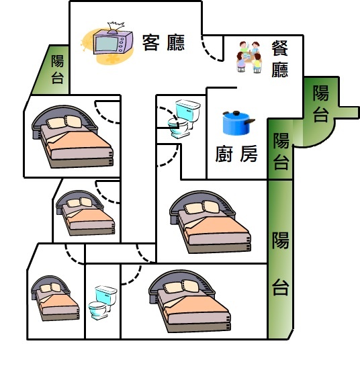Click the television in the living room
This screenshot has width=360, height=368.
(x=113, y=42)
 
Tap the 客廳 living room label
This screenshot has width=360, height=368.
(x=164, y=43)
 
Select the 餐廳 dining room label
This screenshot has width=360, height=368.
(x=280, y=59)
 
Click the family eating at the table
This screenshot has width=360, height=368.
(x=249, y=57)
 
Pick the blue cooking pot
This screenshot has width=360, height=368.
(x=238, y=123)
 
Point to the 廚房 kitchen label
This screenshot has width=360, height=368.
(x=236, y=154)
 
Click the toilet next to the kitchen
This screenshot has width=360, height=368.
(x=184, y=118)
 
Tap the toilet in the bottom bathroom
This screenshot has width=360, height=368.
(x=103, y=302)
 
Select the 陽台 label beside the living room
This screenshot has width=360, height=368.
(x=58, y=69)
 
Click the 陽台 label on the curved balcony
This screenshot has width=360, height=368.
(x=321, y=103)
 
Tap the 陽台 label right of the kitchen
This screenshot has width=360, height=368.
(x=281, y=151)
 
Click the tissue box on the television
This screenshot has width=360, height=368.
(x=116, y=27)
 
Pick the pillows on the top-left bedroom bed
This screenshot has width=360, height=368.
(x=64, y=122)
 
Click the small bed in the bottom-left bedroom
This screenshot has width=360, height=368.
(x=55, y=298)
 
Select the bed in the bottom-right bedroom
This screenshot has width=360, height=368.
(x=189, y=301)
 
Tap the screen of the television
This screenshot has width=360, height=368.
(x=107, y=44)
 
